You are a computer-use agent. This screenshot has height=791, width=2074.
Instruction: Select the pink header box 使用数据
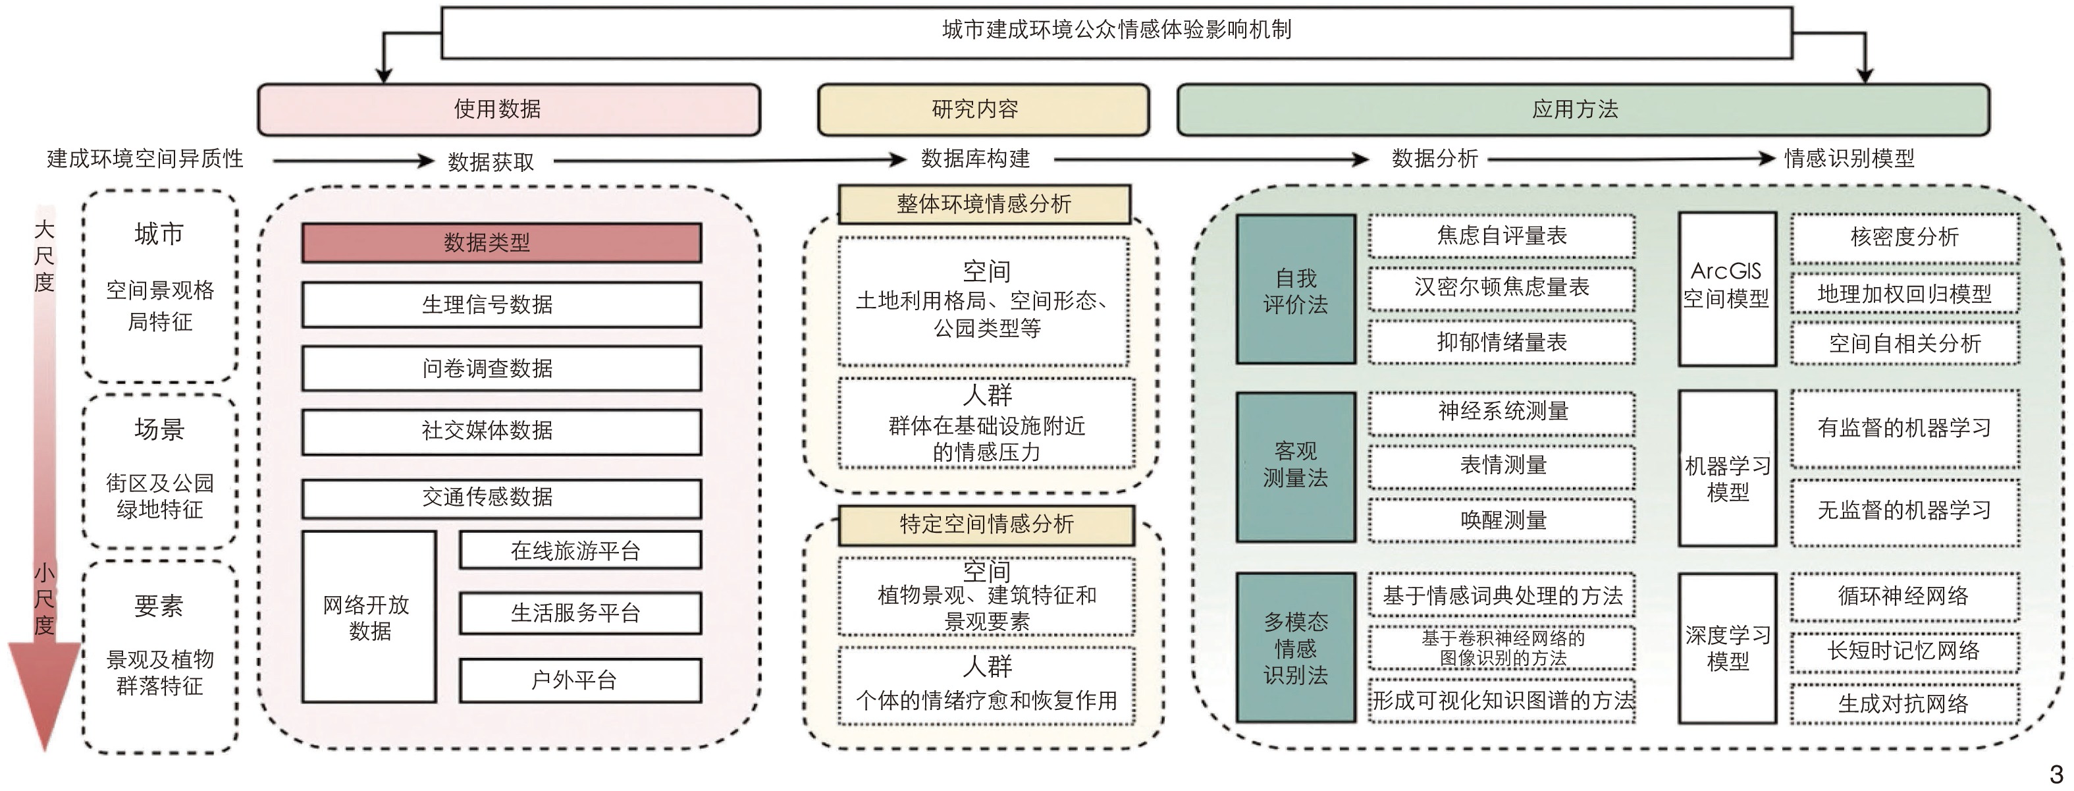(x=508, y=109)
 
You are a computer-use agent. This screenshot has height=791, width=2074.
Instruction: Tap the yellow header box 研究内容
(x=982, y=109)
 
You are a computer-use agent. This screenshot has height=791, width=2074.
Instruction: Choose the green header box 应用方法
(x=1582, y=109)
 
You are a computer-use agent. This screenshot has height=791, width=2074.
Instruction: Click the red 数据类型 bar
(x=501, y=242)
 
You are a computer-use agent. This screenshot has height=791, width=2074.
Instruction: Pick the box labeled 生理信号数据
(x=501, y=304)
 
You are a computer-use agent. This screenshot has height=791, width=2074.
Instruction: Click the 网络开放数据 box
(x=369, y=617)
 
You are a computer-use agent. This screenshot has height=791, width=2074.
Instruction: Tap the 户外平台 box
(x=579, y=680)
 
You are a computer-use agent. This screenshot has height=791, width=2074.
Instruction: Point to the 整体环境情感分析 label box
(x=984, y=204)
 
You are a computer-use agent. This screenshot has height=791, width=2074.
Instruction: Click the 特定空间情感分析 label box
(x=986, y=525)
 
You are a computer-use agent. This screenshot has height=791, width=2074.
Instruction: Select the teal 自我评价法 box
(x=1296, y=290)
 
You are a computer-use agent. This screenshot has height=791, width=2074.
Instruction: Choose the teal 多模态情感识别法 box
(x=1296, y=647)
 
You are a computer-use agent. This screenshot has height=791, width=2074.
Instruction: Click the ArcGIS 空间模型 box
(x=1727, y=288)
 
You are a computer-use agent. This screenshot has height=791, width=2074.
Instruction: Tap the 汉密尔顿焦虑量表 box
(x=1502, y=288)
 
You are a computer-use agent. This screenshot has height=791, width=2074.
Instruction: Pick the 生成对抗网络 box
(x=1904, y=703)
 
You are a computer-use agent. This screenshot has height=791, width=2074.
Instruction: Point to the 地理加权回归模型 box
(x=1904, y=294)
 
